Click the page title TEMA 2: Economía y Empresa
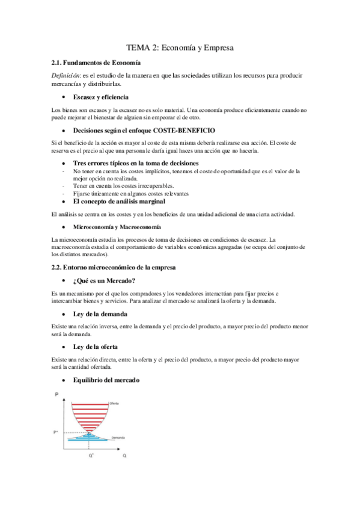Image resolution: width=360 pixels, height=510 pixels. coord(179,47)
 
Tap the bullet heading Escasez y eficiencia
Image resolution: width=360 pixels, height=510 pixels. coord(100,97)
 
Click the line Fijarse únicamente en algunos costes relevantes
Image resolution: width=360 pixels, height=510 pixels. coord(131,194)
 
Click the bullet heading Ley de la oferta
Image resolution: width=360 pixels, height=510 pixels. coord(95,347)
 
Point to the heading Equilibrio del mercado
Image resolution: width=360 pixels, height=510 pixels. coord(106,381)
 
